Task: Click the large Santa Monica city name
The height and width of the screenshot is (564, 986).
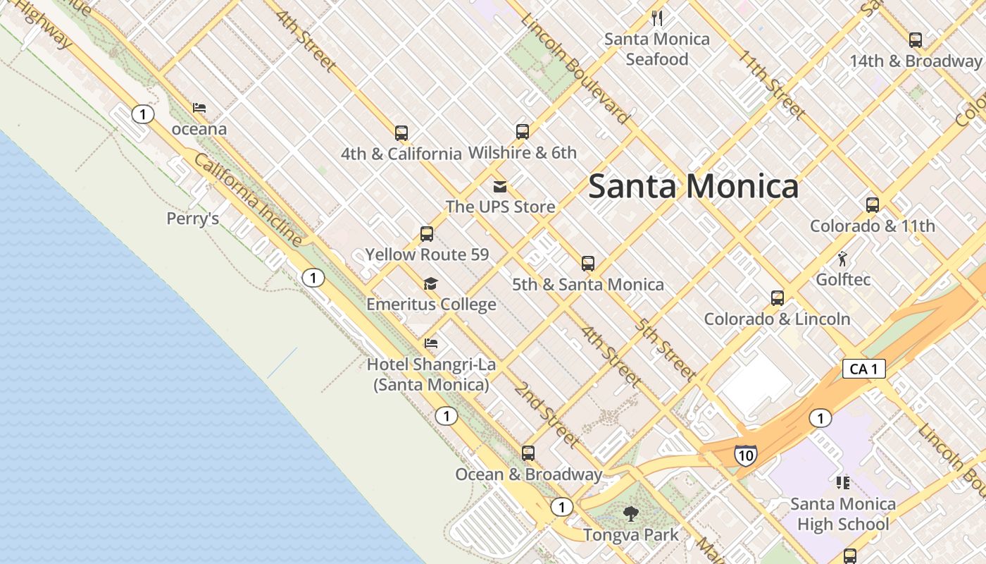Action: coord(693,187)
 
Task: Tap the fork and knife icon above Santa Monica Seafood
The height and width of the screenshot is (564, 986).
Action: coord(657,18)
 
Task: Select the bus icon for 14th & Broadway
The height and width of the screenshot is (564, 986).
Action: coord(915,40)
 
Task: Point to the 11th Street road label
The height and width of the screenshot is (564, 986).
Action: coord(772,84)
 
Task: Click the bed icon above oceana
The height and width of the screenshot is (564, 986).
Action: coord(199,108)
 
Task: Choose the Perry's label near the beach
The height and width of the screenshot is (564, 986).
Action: coord(192,219)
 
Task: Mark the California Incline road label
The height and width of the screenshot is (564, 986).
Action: coord(248,200)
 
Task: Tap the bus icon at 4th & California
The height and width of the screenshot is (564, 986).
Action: coord(401,133)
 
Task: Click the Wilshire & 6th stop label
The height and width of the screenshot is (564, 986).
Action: coord(522,152)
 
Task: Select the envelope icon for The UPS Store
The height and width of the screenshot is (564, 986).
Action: coord(500,187)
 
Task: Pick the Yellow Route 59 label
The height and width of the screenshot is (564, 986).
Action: coord(426,255)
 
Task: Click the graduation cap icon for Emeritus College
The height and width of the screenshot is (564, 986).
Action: coord(430,284)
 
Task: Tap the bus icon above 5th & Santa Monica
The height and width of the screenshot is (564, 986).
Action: coord(588,264)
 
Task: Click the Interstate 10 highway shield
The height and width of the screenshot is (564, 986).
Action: coord(744,455)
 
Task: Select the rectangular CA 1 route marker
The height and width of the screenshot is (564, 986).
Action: coord(863,368)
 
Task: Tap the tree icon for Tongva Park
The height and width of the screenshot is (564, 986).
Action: coord(631,513)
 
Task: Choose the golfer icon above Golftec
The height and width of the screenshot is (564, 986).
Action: coord(842,259)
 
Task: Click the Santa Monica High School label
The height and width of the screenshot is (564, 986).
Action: coord(842,514)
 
